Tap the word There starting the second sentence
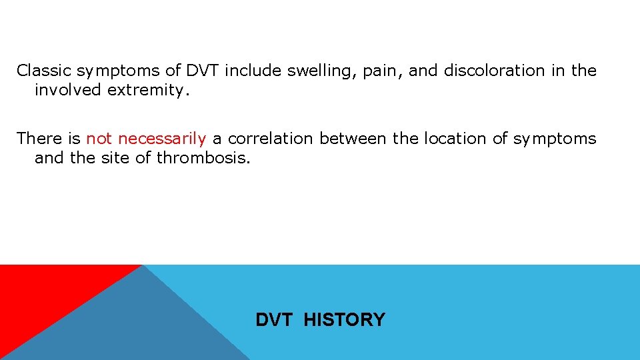pyautogui.click(x=39, y=139)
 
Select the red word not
pyautogui.click(x=99, y=139)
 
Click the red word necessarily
pyautogui.click(x=162, y=139)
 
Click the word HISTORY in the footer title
pyautogui.click(x=344, y=320)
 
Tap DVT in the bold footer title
pyautogui.click(x=274, y=320)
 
